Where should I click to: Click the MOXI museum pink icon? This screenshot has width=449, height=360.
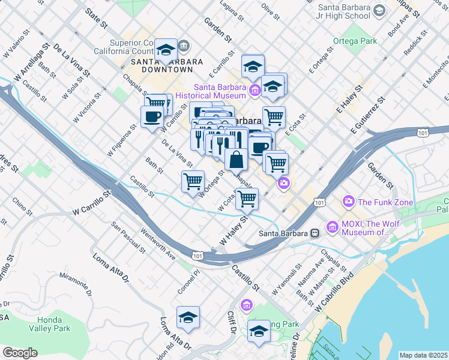333,227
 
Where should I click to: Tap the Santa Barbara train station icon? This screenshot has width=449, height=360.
314,233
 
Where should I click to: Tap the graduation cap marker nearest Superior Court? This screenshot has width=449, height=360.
166,50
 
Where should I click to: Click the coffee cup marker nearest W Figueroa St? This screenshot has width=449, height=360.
152,116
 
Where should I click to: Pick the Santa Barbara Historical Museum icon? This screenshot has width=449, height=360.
255,91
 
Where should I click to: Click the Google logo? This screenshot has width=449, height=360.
20,353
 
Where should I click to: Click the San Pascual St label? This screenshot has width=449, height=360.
128,237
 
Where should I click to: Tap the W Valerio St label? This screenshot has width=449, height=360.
16,46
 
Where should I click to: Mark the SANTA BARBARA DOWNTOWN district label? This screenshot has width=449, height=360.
163,65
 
